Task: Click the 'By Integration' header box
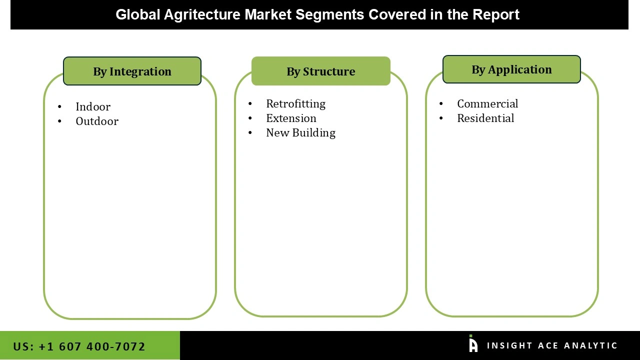point(132,71)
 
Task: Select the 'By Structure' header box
point(320,71)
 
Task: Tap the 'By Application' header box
point(511,69)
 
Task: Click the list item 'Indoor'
point(93,107)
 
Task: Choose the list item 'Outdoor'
point(97,121)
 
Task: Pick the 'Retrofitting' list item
point(295,104)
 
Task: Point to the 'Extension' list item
point(291,118)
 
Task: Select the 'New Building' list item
point(300,133)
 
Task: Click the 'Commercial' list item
point(487,104)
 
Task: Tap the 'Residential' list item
point(485,118)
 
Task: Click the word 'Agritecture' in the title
point(202,15)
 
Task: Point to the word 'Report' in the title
point(495,15)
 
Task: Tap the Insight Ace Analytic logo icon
point(473,344)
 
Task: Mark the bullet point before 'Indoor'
point(60,107)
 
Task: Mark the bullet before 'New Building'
point(250,133)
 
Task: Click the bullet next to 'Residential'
point(441,118)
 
